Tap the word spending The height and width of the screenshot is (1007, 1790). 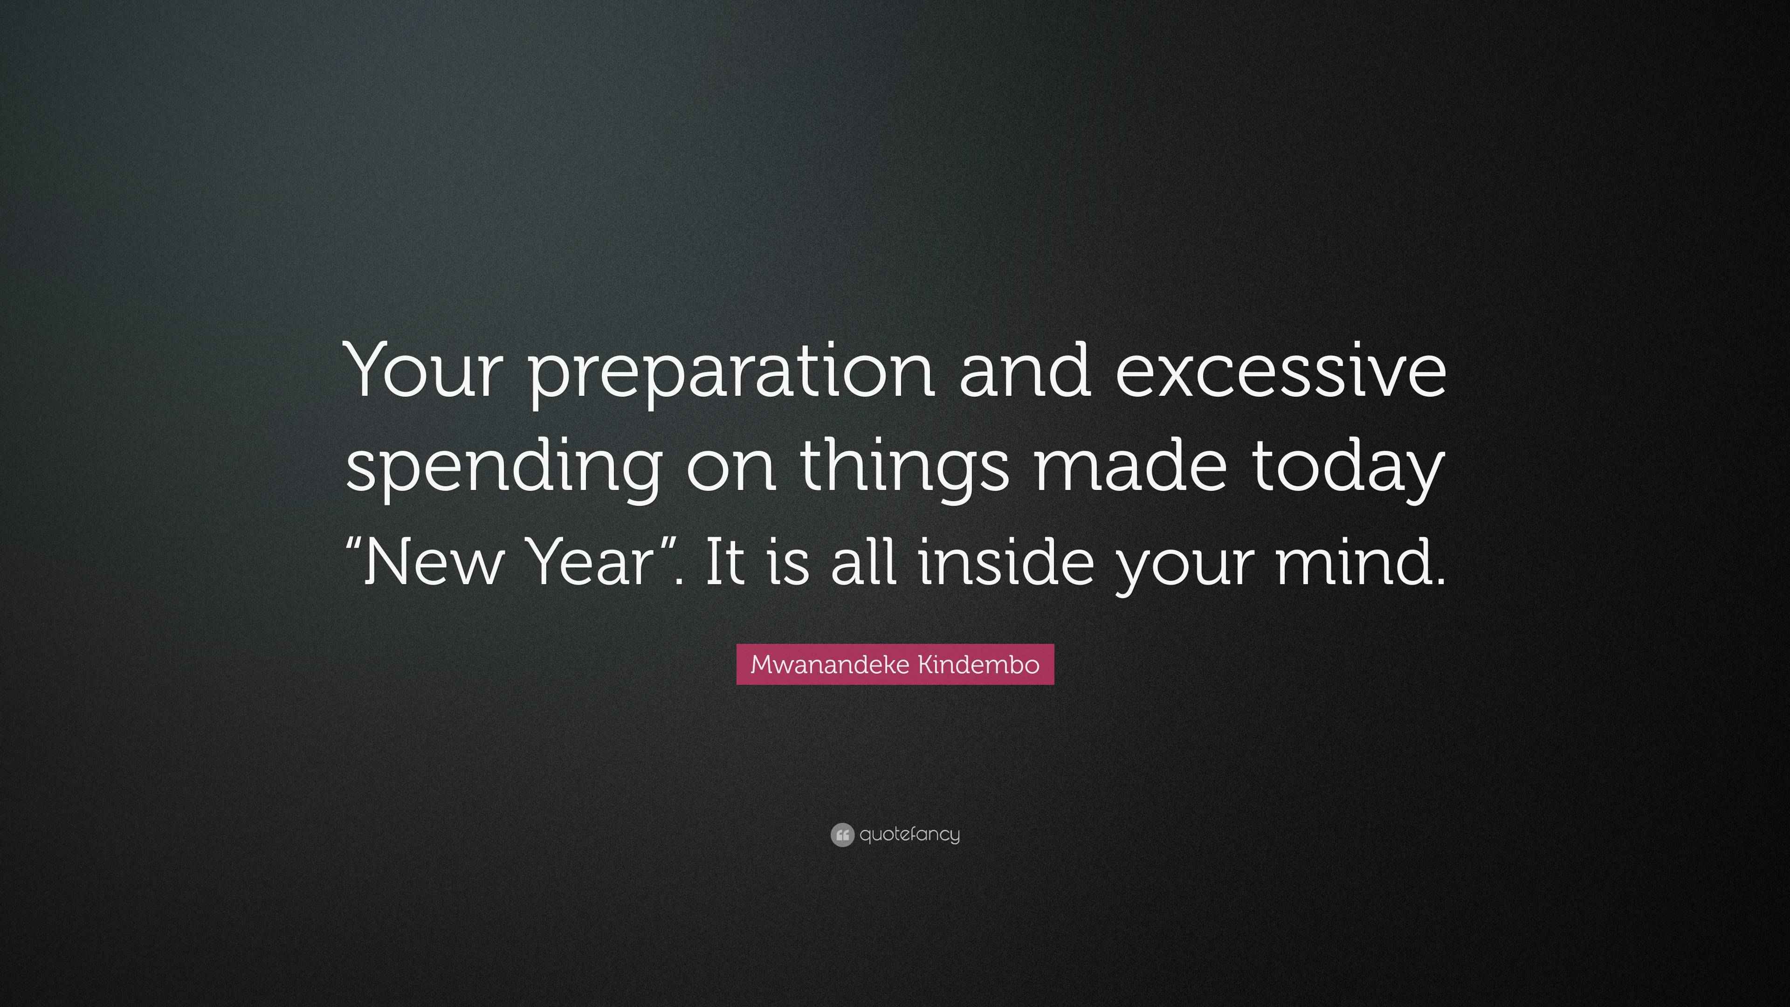(x=503, y=467)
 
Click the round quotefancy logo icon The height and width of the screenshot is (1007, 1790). (x=841, y=835)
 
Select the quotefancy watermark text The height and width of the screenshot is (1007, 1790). (x=909, y=835)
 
